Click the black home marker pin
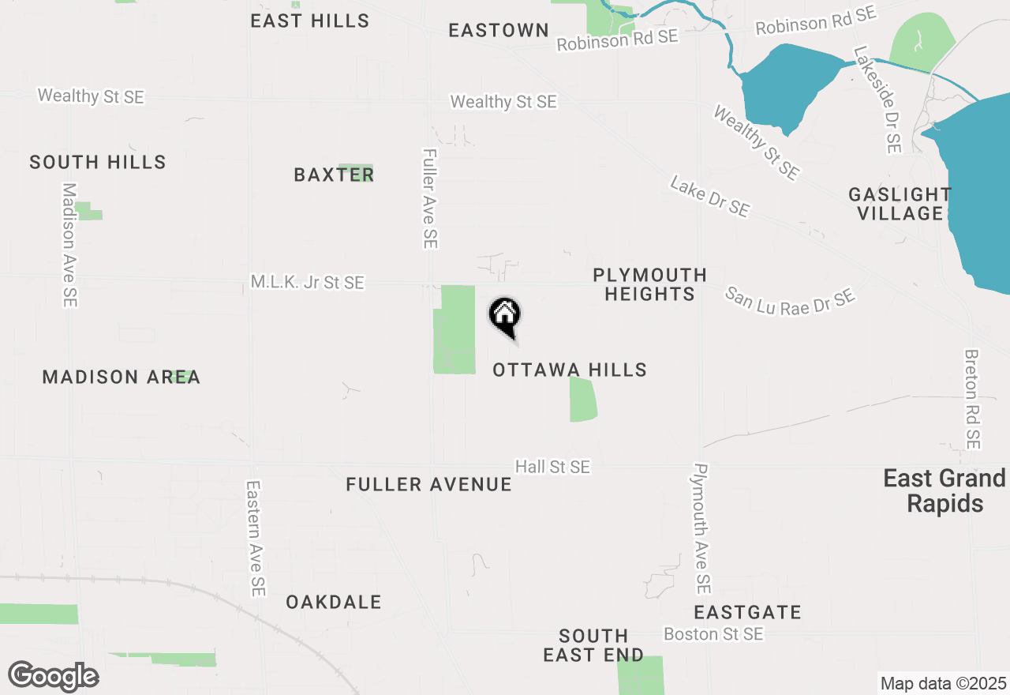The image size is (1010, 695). (x=505, y=316)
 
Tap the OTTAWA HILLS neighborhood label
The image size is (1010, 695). (x=569, y=370)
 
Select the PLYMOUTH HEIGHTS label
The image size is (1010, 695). (x=649, y=284)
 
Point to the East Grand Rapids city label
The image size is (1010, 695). (x=945, y=490)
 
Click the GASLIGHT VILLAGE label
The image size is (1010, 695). (x=900, y=204)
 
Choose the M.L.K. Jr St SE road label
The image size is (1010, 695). (x=307, y=282)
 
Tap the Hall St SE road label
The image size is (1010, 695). (x=552, y=467)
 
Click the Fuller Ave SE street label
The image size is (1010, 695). (x=430, y=199)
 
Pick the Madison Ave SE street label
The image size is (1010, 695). (x=70, y=245)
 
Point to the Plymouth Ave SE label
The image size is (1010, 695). (x=700, y=528)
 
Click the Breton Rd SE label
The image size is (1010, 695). (x=972, y=400)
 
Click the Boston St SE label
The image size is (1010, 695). (x=713, y=634)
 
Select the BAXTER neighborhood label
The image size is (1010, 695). (x=334, y=175)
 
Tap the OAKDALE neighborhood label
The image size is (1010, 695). (x=334, y=602)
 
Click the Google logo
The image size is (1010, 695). (x=53, y=676)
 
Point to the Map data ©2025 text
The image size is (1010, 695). (x=943, y=683)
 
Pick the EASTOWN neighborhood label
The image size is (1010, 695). (x=499, y=30)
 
